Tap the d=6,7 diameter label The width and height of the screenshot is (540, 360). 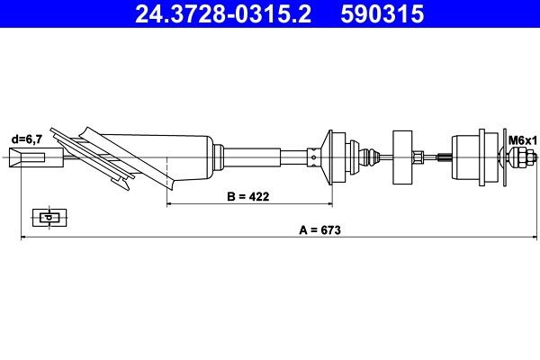(26, 140)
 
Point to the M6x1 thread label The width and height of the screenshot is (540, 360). (522, 140)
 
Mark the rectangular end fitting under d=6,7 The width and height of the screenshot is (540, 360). (30, 160)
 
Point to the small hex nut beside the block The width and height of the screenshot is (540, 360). (418, 158)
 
